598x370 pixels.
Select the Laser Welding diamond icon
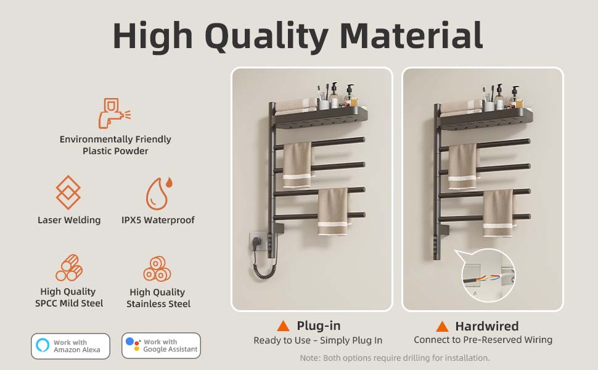(68, 192)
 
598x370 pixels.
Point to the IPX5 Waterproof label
(158, 220)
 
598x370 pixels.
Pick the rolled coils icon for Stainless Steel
(157, 269)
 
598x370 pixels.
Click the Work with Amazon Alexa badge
(70, 346)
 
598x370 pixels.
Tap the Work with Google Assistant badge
(161, 346)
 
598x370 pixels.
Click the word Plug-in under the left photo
(319, 326)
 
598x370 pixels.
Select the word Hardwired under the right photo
(486, 326)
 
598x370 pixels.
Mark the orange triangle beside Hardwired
(442, 326)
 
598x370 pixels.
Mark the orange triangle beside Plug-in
(283, 326)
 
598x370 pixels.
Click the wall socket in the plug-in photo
(258, 242)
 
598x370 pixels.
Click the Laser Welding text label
(69, 220)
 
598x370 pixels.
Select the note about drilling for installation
(395, 358)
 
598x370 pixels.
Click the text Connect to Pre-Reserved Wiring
(483, 340)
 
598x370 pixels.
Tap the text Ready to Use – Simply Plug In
(318, 340)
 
